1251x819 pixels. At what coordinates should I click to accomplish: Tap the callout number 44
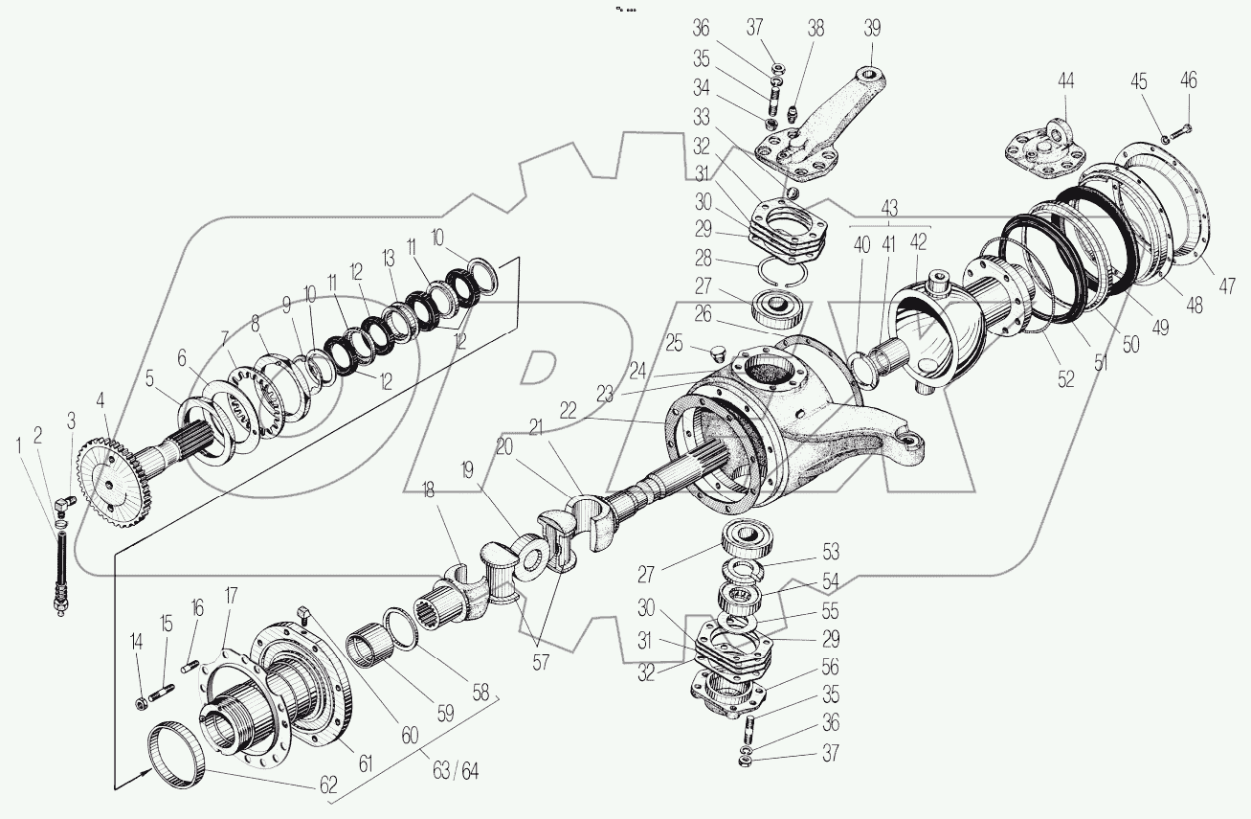1065,81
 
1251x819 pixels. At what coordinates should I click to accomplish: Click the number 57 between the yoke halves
542,661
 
